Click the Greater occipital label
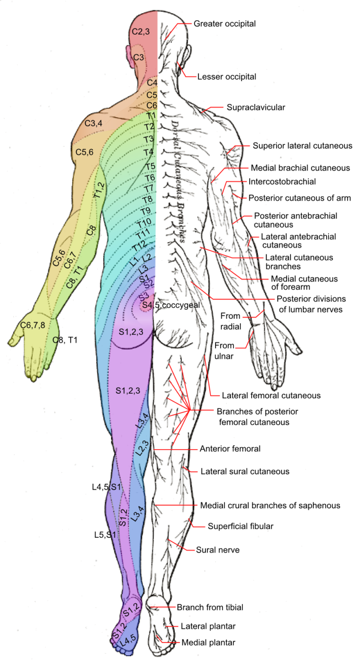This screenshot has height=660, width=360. pos(225,23)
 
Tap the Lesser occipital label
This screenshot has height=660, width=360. pos(227,76)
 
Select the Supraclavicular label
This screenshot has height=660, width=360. pos(256,107)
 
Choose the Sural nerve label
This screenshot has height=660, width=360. pos(218,549)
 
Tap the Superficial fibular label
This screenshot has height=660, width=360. pos(240,526)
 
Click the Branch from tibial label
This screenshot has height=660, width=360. pos(210,607)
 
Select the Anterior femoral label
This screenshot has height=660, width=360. pos(230,449)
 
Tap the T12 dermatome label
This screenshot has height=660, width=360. pos(139,246)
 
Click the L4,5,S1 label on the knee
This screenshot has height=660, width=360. pos(107,487)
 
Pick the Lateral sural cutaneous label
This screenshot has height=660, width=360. pos(245,471)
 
